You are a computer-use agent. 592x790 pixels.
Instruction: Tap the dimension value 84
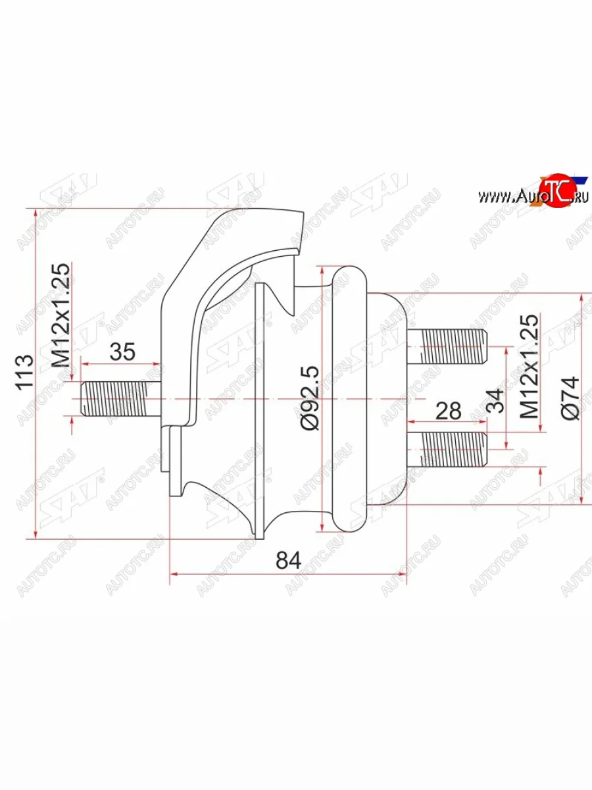click(x=288, y=560)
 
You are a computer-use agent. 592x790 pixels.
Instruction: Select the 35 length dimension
click(x=122, y=352)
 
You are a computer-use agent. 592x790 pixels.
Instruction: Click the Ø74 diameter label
click(x=570, y=398)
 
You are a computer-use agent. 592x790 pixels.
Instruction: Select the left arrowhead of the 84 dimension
click(x=174, y=575)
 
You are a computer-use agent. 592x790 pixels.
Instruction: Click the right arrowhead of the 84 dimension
click(x=403, y=575)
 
